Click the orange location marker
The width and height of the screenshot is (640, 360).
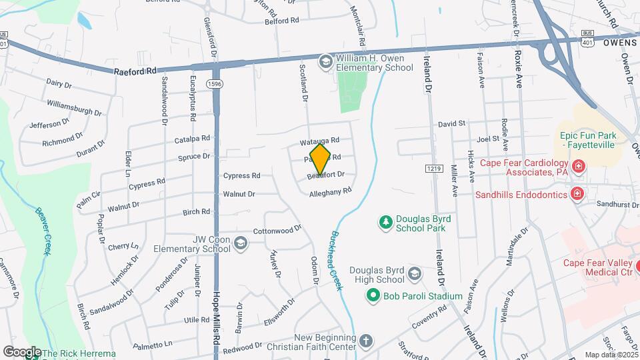coord(321,159)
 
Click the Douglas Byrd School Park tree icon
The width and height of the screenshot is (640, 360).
coord(385,222)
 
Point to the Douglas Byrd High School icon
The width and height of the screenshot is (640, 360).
coord(415,274)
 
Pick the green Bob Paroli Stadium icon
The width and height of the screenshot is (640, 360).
coord(373,295)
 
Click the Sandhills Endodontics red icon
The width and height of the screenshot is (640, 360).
coord(577,194)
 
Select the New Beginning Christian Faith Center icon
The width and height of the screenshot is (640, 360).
coord(365,341)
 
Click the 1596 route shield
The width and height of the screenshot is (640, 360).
coord(214,84)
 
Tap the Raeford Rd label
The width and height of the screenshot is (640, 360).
coord(135,70)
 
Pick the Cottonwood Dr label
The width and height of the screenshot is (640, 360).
coord(277,231)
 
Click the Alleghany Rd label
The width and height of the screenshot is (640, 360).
coord(330,193)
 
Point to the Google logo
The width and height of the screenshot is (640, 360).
coord(22,351)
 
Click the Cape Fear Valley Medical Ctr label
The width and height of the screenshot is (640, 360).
coord(597,267)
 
